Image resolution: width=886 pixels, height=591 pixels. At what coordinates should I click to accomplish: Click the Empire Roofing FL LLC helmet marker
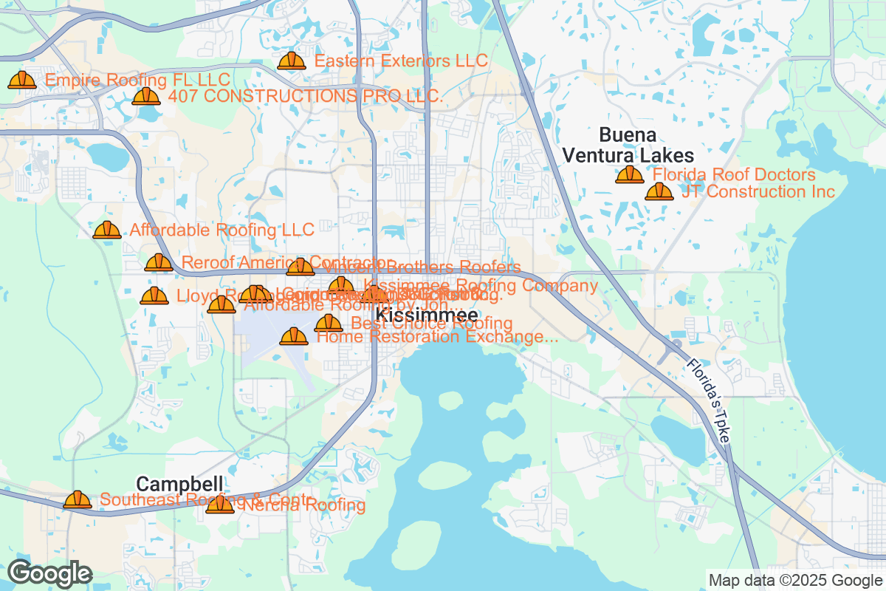click(x=22, y=80)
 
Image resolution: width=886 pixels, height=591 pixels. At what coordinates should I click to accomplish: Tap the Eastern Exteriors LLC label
click(x=401, y=61)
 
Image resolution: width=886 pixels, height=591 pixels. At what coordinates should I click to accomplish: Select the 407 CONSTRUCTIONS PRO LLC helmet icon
click(x=146, y=96)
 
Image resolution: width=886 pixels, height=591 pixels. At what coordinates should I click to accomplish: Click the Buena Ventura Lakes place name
click(x=628, y=146)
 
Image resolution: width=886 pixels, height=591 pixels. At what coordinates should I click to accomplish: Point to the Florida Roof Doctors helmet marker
click(x=629, y=175)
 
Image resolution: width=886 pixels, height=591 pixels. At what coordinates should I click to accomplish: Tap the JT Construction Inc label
click(x=758, y=192)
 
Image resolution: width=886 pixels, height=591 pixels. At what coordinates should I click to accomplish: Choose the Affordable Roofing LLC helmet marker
click(x=107, y=230)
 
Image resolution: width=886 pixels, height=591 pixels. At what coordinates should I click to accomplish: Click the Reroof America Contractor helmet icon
click(x=159, y=262)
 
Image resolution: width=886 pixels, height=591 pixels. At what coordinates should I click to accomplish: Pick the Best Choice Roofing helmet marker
click(x=329, y=323)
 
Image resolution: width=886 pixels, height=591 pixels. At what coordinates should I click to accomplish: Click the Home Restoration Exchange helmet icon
click(x=294, y=337)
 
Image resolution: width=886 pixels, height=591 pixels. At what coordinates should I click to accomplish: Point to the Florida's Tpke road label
click(x=707, y=400)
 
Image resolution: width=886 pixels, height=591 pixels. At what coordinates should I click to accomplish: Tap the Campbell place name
click(x=179, y=485)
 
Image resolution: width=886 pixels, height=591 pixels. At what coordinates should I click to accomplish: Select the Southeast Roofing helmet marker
click(x=77, y=500)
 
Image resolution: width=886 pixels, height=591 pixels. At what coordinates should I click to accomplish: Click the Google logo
click(x=49, y=573)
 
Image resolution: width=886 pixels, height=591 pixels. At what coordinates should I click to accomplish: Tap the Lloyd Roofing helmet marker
click(x=154, y=296)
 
